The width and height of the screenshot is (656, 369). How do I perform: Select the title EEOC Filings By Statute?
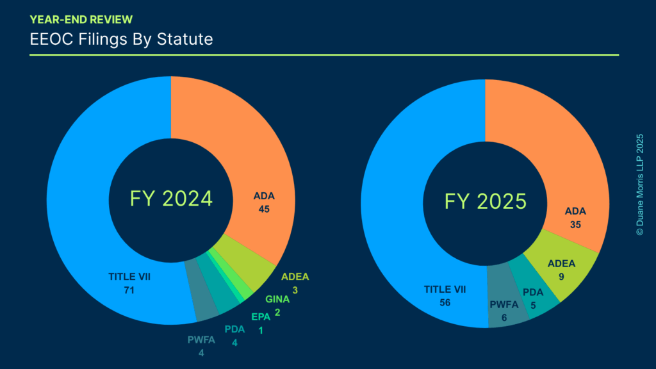pyautogui.click(x=121, y=39)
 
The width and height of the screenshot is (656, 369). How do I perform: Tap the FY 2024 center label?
pyautogui.click(x=171, y=199)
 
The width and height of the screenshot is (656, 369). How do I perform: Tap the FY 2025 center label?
pyautogui.click(x=486, y=202)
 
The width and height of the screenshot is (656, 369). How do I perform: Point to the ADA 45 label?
pyautogui.click(x=263, y=202)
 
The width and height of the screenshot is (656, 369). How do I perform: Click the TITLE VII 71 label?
pyautogui.click(x=134, y=284)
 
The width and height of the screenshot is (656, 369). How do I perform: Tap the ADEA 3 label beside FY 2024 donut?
pyautogui.click(x=295, y=283)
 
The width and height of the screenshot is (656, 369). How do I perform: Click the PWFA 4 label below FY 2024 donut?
pyautogui.click(x=201, y=346)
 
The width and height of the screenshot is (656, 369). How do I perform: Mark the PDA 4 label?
pyautogui.click(x=234, y=336)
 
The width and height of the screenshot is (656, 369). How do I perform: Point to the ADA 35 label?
pyautogui.click(x=575, y=218)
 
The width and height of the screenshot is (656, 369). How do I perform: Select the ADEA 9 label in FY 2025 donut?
pyautogui.click(x=562, y=270)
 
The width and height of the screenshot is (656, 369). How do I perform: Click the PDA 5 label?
pyautogui.click(x=533, y=299)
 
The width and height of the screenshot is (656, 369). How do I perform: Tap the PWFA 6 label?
pyautogui.click(x=503, y=311)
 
